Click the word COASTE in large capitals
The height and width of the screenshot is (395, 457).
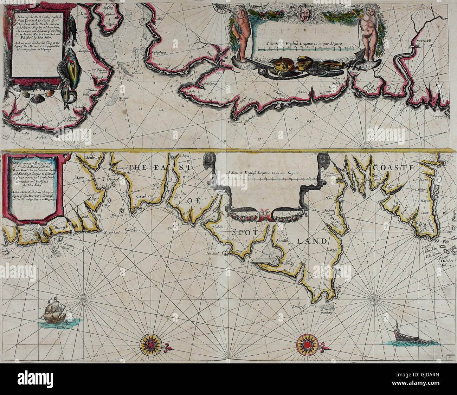click(394, 168)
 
